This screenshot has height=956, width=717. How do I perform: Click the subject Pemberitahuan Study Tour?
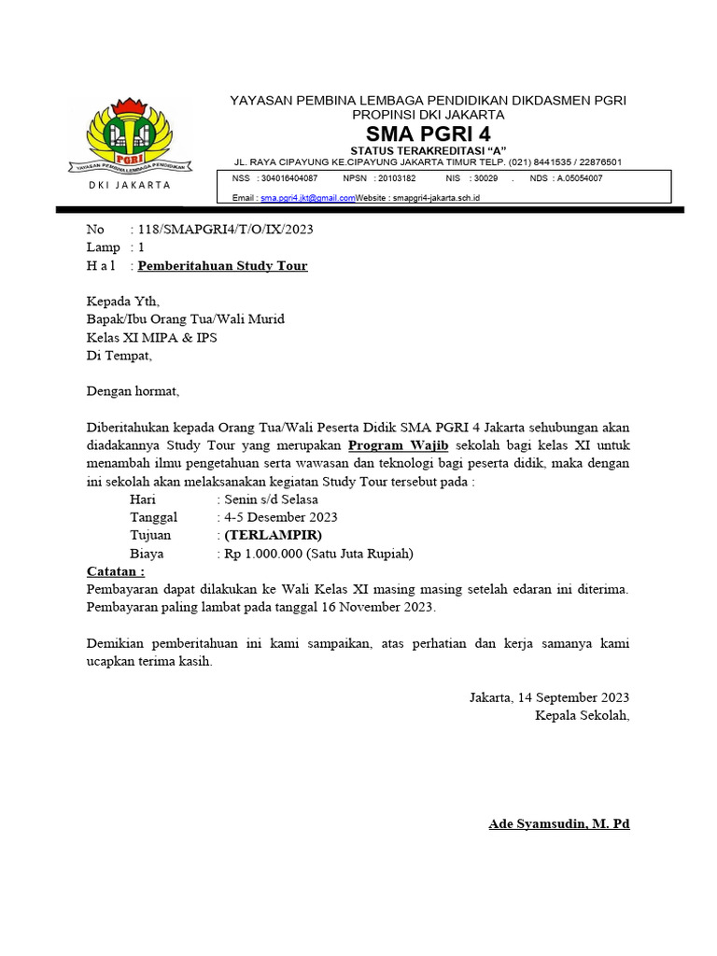[x=222, y=266]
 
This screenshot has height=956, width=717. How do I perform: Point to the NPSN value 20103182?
[x=395, y=177]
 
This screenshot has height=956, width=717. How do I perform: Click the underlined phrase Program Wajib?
[x=399, y=444]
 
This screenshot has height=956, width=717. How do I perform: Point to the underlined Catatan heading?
[x=116, y=571]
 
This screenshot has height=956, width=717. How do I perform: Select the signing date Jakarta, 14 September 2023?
[x=549, y=697]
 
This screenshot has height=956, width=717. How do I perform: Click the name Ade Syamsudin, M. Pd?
[x=559, y=824]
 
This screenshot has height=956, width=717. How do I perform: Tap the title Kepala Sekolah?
[x=582, y=716]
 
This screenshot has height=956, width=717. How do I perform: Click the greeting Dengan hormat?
[x=132, y=391]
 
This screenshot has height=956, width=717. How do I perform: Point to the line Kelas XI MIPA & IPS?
[x=151, y=337]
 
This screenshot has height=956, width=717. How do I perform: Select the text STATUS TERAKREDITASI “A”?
[x=428, y=150]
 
